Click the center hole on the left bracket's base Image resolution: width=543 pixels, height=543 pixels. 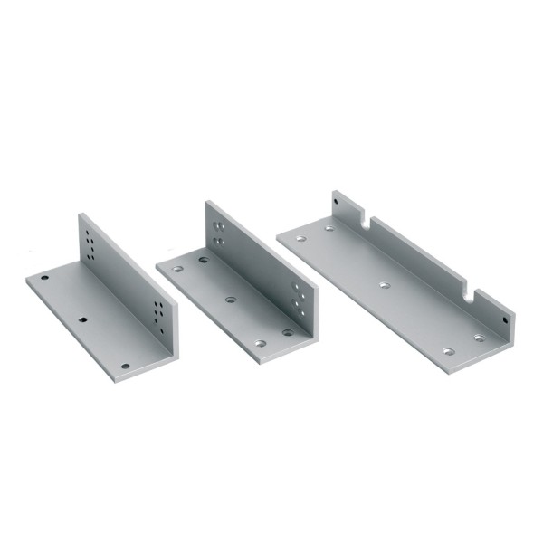point(83,319)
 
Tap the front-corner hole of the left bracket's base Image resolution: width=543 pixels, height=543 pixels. point(125,366)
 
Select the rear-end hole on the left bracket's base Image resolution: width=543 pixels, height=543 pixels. point(44,277)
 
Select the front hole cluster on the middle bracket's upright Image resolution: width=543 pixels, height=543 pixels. point(297,297)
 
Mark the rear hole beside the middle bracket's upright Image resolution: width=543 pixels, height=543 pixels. point(204,260)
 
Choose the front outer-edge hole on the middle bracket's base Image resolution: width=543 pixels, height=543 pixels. point(261,344)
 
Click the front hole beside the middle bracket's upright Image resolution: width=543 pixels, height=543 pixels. point(288,332)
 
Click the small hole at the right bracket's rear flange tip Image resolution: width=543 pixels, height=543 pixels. point(337,196)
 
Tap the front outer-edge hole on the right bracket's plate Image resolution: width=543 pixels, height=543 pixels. point(448,350)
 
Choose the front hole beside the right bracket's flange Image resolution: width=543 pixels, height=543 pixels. point(479,338)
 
